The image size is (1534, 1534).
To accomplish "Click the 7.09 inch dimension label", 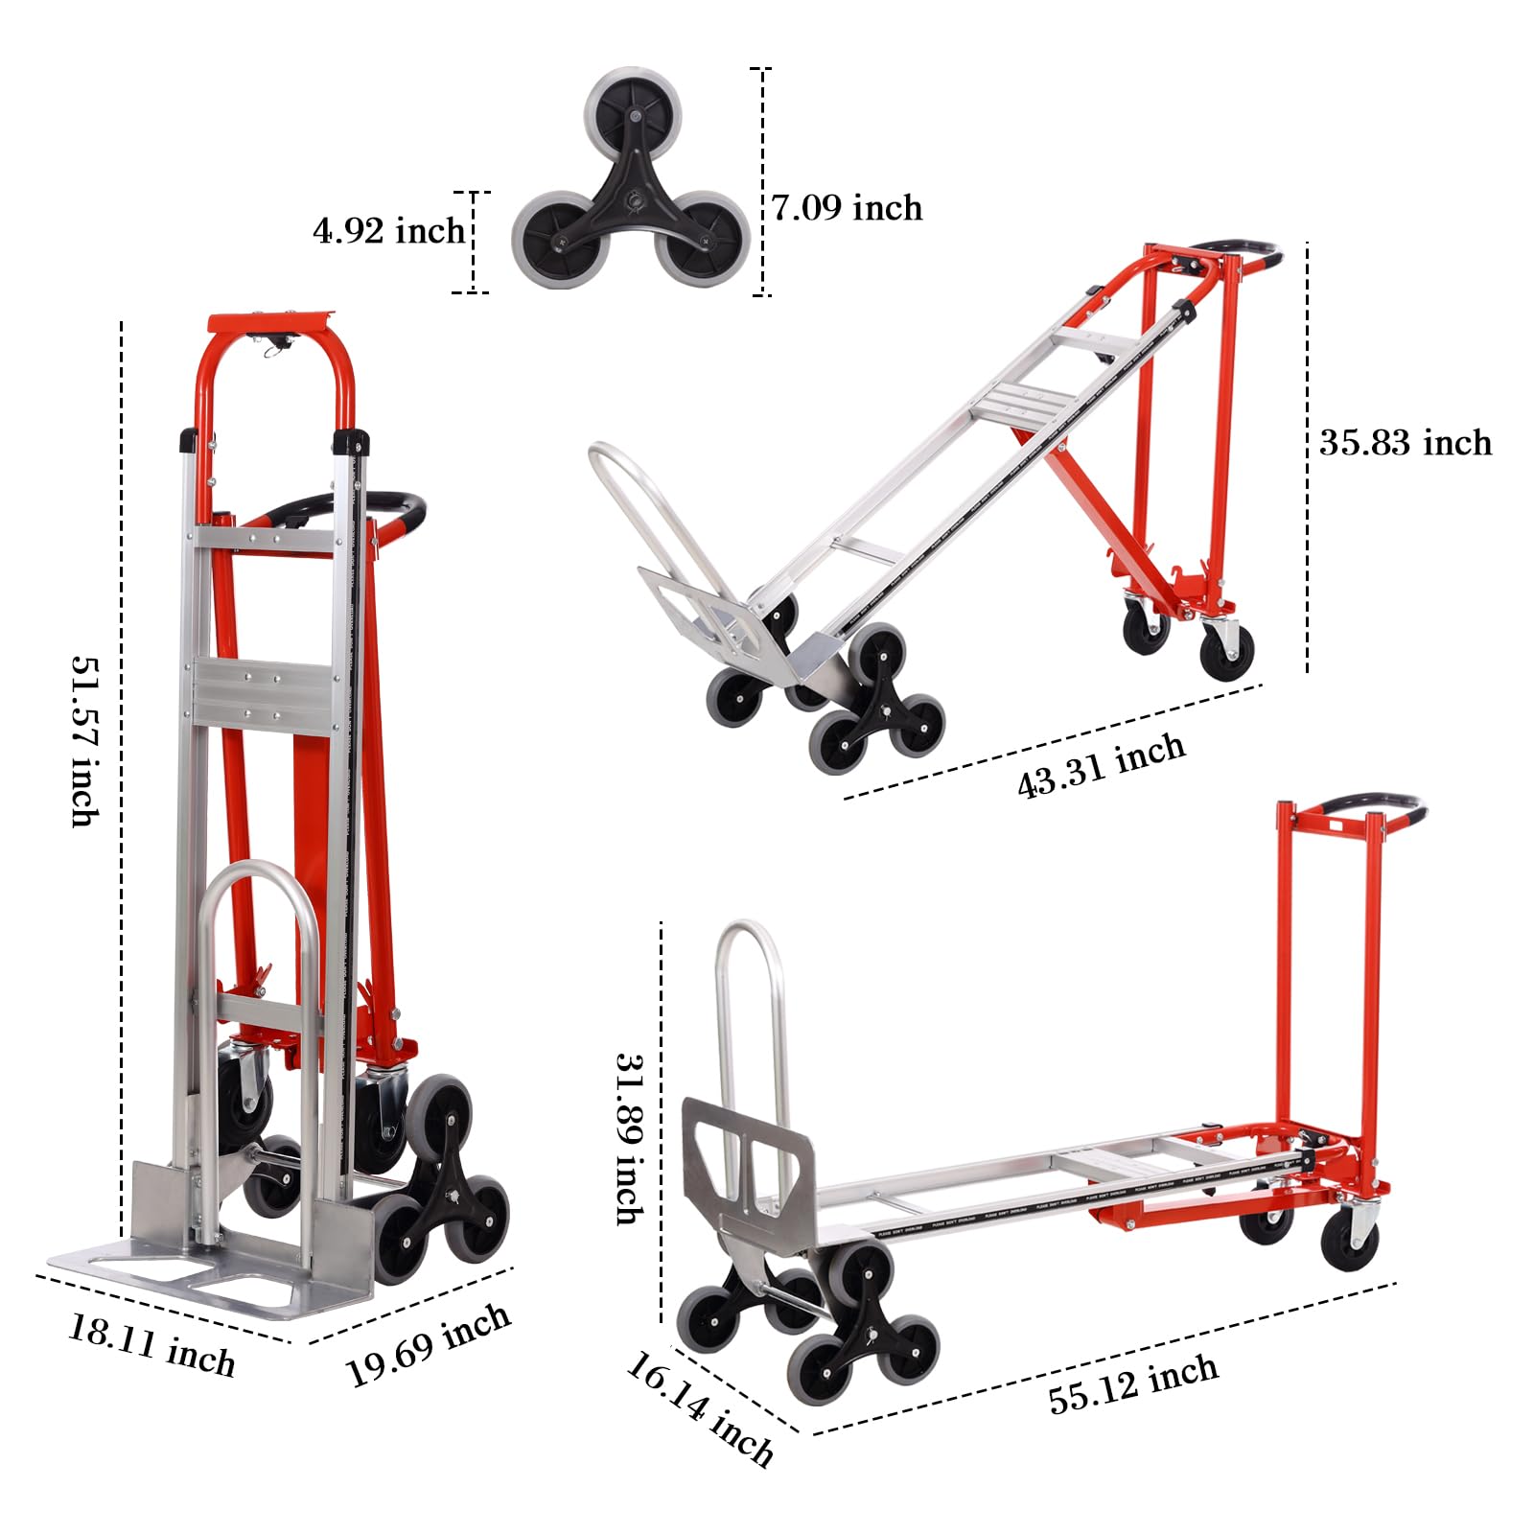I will click(x=848, y=208).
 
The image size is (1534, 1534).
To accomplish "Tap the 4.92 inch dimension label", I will click(x=388, y=231).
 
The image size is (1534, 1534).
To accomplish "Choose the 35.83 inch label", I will click(x=1406, y=443).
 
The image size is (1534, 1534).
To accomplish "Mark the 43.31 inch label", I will click(x=1101, y=765).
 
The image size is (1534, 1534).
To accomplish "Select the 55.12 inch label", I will click(x=1133, y=1384).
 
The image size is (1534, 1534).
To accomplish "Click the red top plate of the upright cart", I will click(x=269, y=321).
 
